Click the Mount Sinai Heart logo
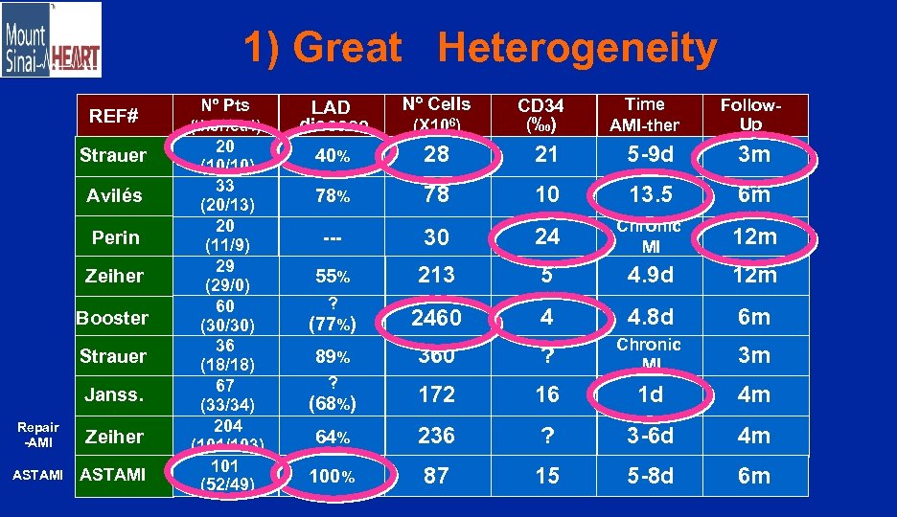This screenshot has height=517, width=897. [x=52, y=40]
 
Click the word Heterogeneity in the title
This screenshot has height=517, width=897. [x=577, y=49]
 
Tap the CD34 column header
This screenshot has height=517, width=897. [x=540, y=115]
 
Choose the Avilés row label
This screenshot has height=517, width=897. [x=114, y=195]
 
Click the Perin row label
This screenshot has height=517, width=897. [x=116, y=236]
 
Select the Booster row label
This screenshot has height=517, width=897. [x=113, y=317]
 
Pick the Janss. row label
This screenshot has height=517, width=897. [x=114, y=393]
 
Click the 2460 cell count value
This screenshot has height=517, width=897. [x=436, y=317]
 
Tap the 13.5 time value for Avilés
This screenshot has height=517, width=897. [x=651, y=195]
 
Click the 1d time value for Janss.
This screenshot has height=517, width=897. [x=651, y=393]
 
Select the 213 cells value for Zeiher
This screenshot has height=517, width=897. [x=436, y=276]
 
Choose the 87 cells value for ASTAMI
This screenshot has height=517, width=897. [x=436, y=476]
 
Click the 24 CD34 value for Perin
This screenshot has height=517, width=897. [x=547, y=236]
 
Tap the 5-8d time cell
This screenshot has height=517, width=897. [x=651, y=476]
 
